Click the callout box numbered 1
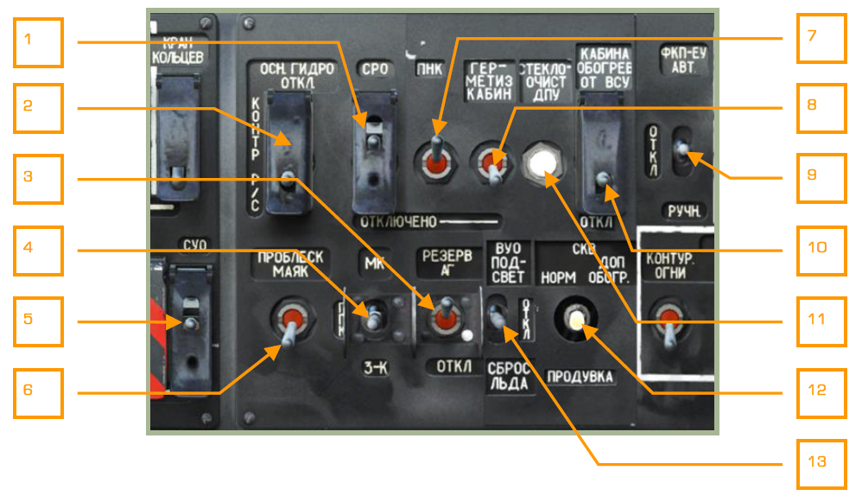click(39, 42)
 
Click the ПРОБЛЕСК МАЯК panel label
click(289, 263)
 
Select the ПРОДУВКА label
click(580, 378)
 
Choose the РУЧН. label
click(682, 210)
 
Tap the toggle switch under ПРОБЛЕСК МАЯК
click(289, 326)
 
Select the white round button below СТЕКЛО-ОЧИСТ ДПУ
click(542, 162)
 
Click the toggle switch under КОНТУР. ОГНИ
click(669, 328)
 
